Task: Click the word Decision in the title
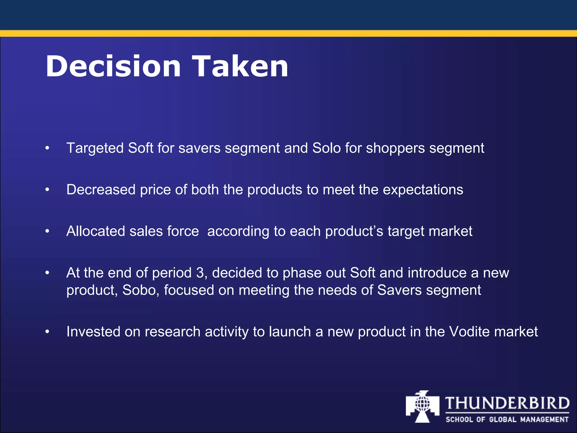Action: pyautogui.click(x=113, y=67)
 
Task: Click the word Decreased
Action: pyautogui.click(x=101, y=189)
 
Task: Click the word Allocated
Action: pyautogui.click(x=96, y=231)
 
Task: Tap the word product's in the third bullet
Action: pyautogui.click(x=354, y=232)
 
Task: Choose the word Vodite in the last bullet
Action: pyautogui.click(x=469, y=332)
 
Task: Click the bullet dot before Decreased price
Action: pyautogui.click(x=47, y=190)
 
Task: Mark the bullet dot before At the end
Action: pyautogui.click(x=47, y=273)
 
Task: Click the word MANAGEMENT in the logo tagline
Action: pyautogui.click(x=544, y=420)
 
